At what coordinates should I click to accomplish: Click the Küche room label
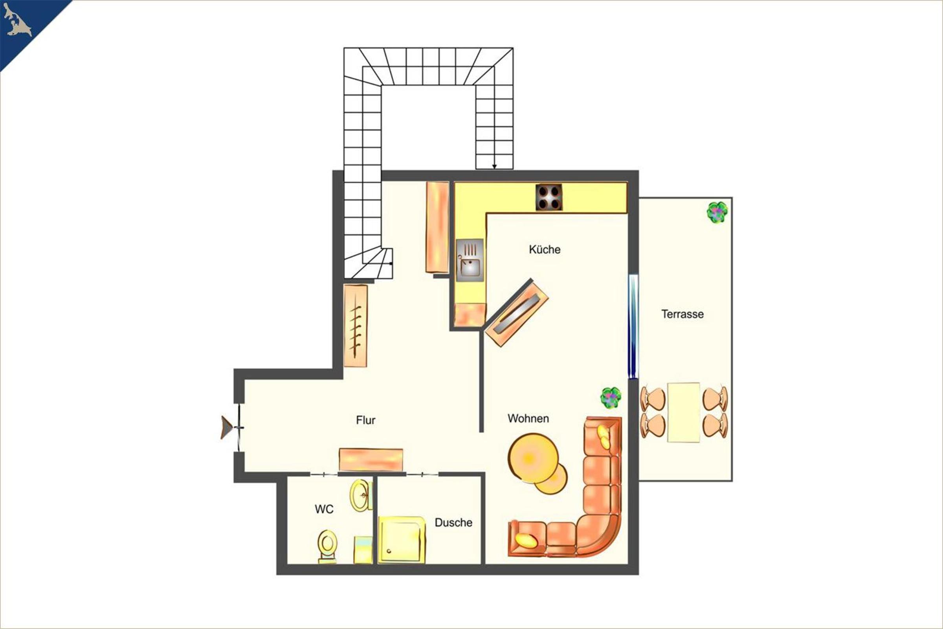(x=545, y=250)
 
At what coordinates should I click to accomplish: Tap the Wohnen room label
(x=528, y=418)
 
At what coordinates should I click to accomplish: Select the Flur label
(x=366, y=420)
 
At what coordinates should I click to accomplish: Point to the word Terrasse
(x=682, y=314)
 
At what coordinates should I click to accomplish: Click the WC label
(x=324, y=509)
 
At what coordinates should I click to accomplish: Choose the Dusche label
(x=453, y=522)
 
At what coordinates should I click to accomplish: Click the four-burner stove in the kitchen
(x=549, y=197)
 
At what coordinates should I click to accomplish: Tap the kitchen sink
(x=470, y=260)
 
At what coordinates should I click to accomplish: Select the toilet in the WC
(x=327, y=546)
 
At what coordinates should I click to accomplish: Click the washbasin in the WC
(x=360, y=495)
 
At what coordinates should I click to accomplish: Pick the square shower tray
(x=401, y=540)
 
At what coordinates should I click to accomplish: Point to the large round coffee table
(x=533, y=458)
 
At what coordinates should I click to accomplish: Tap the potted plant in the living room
(x=611, y=397)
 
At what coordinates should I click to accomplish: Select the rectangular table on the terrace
(x=684, y=412)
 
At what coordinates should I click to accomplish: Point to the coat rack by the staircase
(x=356, y=326)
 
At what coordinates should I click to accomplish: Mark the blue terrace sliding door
(x=633, y=326)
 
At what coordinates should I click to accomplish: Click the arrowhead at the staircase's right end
(x=494, y=166)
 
